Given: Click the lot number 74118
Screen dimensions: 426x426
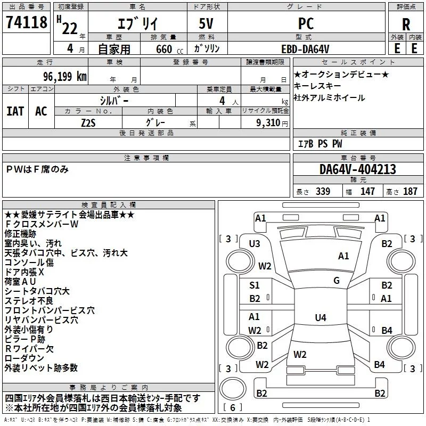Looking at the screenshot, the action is pos(27,22).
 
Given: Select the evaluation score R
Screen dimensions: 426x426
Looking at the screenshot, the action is pos(406,24).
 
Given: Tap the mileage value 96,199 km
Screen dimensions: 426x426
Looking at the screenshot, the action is pos(65,77).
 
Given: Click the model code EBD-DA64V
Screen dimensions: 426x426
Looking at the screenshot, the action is pos(305,49).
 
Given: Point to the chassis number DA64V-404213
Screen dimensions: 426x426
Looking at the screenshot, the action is pos(358,169).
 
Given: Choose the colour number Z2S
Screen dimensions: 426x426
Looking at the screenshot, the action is pos(88,123).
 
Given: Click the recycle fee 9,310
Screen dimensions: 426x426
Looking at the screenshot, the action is pos(268,122).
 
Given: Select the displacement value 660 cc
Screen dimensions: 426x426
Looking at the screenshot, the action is pos(169,49).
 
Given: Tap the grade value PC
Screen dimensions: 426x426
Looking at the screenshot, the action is pos(306,23).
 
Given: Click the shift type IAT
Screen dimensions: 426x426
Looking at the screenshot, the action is pos(15,111).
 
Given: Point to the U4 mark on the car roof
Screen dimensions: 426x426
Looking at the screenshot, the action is pos(321,317).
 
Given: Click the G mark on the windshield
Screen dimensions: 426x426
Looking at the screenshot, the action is pos(337,281).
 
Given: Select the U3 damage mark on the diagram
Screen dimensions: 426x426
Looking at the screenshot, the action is pos(255,244).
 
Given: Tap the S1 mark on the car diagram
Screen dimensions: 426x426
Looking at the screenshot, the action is pos(255,285).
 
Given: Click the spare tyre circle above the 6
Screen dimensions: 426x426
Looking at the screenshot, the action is pos(233,389).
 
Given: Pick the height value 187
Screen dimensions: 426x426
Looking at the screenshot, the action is pos(410,191).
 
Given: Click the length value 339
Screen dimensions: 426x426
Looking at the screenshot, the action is pos(323,191).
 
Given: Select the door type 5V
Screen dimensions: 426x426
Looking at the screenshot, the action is pos(206,23).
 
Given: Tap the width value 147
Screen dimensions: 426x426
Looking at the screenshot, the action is pos(367,191).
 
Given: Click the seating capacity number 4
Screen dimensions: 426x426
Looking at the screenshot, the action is pos(222,101).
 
